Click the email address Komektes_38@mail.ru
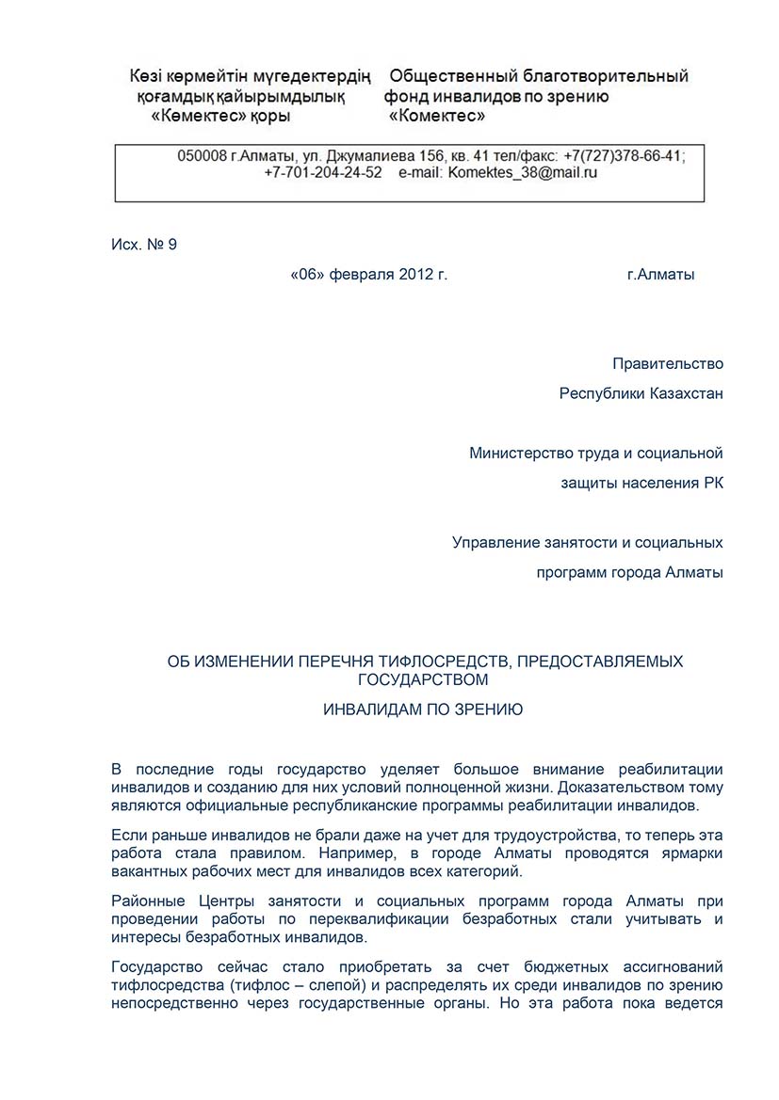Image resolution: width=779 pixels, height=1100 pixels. pyautogui.click(x=523, y=173)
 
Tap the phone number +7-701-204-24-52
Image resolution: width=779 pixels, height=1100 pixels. pyautogui.click(x=323, y=173)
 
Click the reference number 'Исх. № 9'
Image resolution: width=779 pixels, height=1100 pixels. pyautogui.click(x=143, y=245)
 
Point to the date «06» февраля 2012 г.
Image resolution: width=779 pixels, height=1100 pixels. pyautogui.click(x=369, y=275)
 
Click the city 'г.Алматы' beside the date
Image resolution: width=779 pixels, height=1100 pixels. pyautogui.click(x=660, y=275)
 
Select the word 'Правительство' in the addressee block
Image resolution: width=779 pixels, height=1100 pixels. pyautogui.click(x=667, y=363)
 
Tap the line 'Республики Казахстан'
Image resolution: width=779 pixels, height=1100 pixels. pyautogui.click(x=641, y=393)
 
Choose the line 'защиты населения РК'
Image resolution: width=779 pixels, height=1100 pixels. pyautogui.click(x=641, y=484)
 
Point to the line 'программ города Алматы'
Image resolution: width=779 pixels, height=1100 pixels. pyautogui.click(x=629, y=572)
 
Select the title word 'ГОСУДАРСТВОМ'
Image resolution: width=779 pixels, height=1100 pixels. pyautogui.click(x=424, y=678)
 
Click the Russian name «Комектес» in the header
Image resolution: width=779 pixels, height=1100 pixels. pyautogui.click(x=437, y=117)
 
